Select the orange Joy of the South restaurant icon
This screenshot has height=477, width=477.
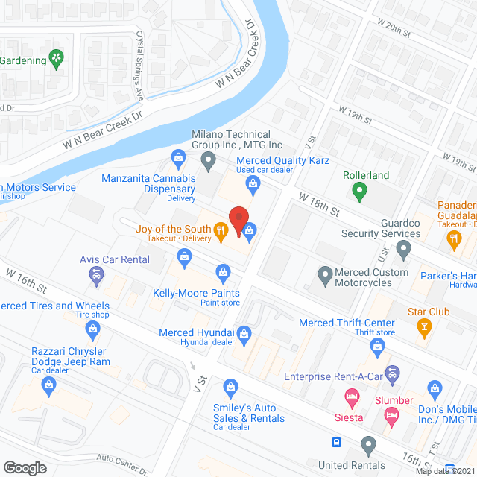tap(221, 233)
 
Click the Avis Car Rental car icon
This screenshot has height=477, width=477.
tap(95, 277)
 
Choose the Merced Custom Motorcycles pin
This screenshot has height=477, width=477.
tap(325, 276)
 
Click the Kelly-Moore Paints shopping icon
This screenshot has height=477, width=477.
tap(221, 271)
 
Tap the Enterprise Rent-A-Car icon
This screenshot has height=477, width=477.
tap(393, 372)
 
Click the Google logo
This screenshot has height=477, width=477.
tap(25, 467)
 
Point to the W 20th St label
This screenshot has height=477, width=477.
tap(392, 31)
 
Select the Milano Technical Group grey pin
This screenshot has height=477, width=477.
tap(209, 159)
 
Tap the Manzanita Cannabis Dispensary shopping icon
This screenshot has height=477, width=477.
tap(178, 157)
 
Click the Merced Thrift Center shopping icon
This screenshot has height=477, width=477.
tap(379, 346)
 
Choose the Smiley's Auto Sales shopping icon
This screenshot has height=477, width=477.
tap(231, 386)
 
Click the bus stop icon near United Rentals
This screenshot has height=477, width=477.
tap(337, 443)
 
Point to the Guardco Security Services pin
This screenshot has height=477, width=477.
tap(404, 249)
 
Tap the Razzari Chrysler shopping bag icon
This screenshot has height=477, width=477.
tap(49, 385)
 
